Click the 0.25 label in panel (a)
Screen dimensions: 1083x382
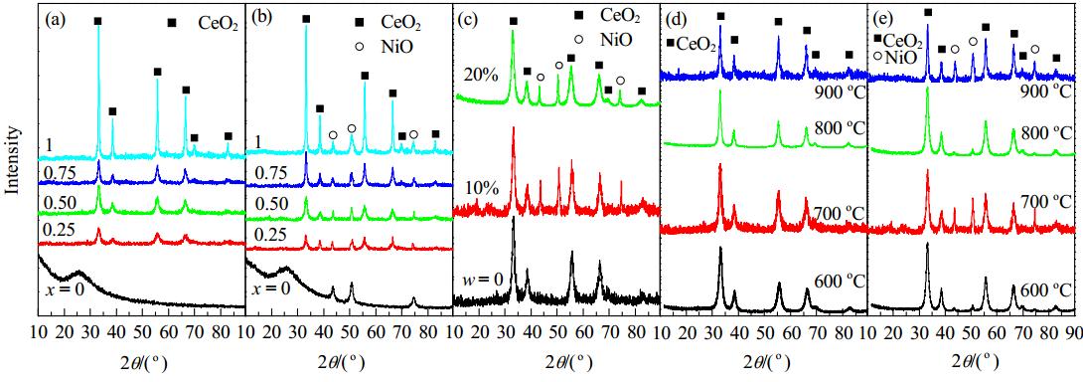(61, 229)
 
